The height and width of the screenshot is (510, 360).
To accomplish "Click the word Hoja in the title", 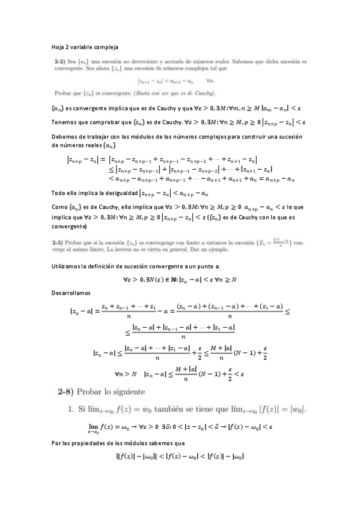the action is click(x=58, y=46).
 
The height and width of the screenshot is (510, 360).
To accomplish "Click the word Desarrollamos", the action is click(x=71, y=293).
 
